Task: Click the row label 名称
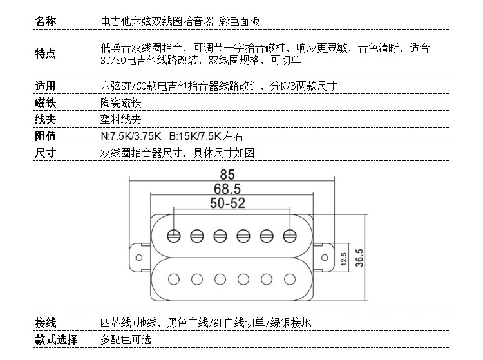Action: [45, 22]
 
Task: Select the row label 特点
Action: [45, 54]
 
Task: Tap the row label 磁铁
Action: [45, 102]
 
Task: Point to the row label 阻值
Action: [45, 136]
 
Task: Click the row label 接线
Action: [45, 323]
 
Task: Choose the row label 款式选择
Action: [56, 339]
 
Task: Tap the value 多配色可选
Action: [126, 339]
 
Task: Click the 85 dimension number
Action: [227, 175]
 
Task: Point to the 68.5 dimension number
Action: [227, 189]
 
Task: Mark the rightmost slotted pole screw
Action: [290, 236]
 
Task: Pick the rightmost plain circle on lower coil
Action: [290, 279]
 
